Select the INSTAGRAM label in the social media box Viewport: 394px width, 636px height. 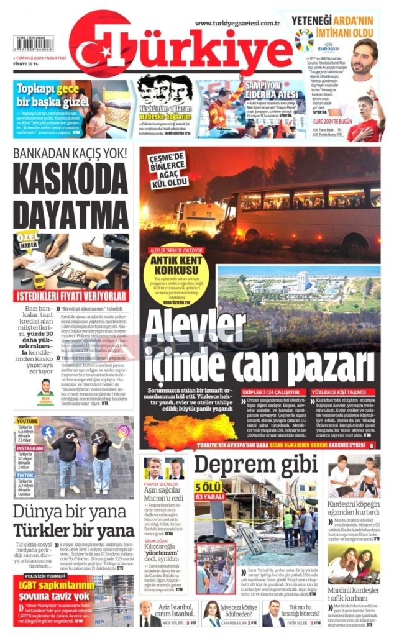tap(29, 447)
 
